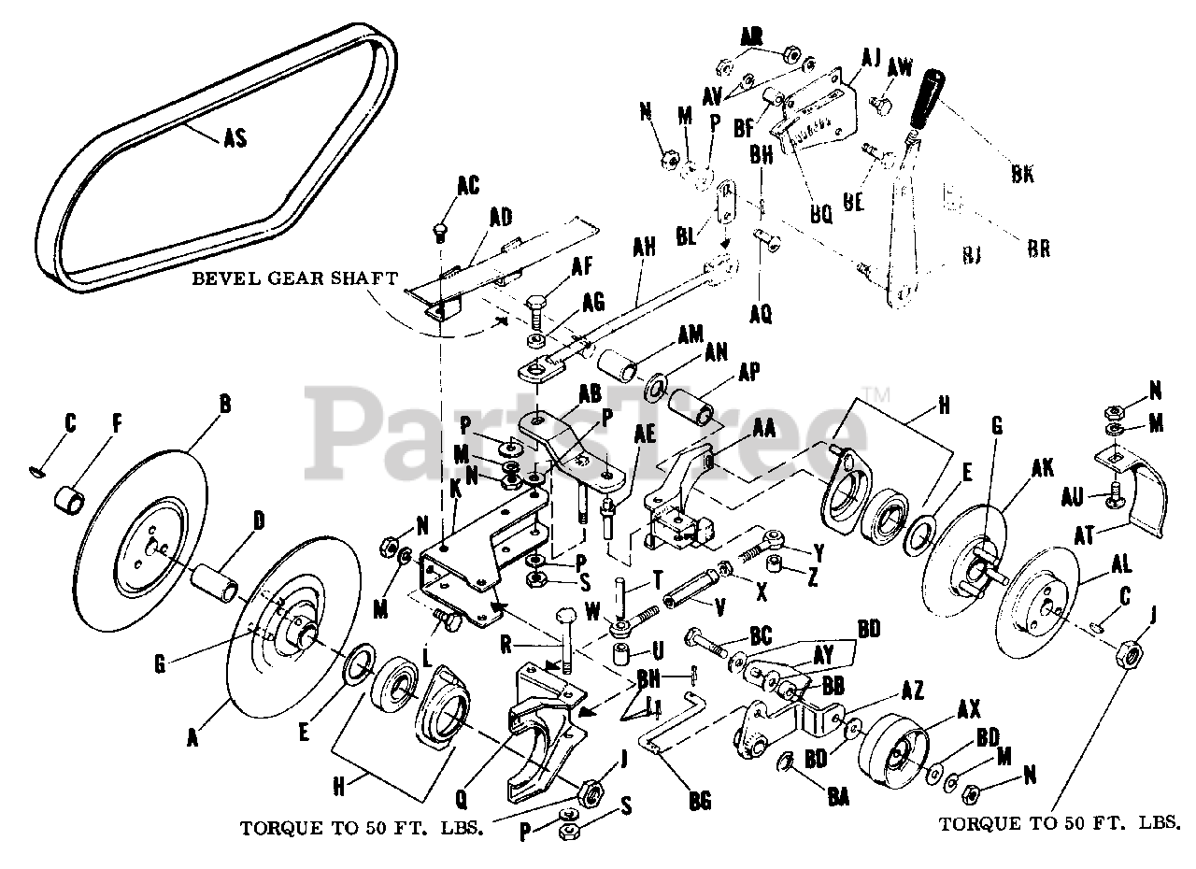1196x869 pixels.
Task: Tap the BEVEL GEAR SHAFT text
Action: pyautogui.click(x=295, y=278)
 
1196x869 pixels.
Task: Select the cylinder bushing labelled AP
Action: pyautogui.click(x=691, y=406)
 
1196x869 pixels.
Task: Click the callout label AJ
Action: pyautogui.click(x=871, y=58)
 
